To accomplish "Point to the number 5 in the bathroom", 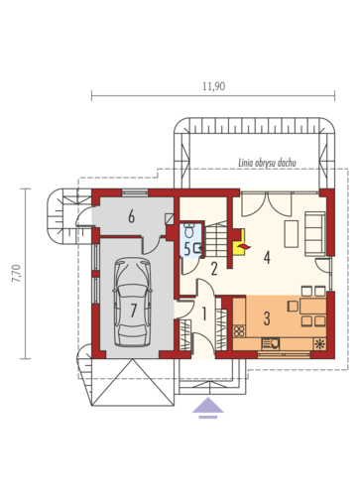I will [186, 249].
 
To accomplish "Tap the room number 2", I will [213, 267].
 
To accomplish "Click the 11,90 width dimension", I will [213, 86].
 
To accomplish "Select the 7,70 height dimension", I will [15, 273].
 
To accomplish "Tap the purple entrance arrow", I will [207, 406].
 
